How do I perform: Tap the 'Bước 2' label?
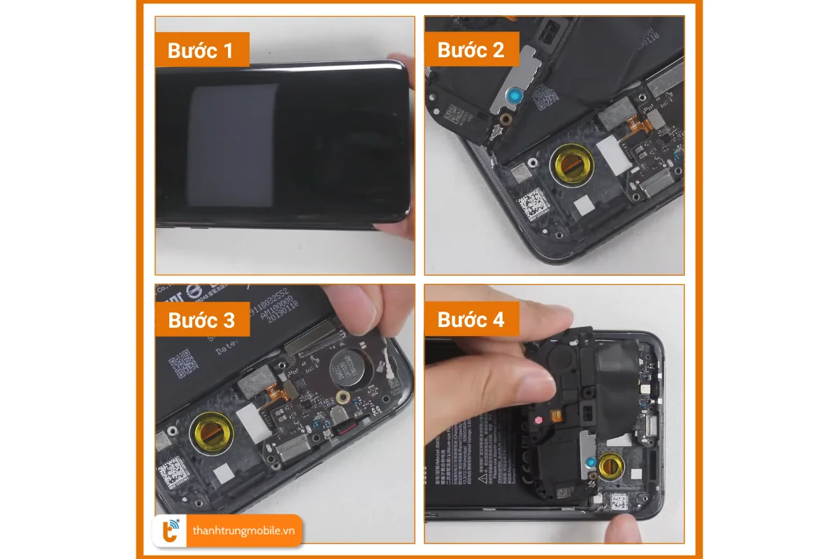[471, 50]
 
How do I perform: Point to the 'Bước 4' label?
[471, 319]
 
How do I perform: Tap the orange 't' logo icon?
[170, 530]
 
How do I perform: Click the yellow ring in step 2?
[568, 164]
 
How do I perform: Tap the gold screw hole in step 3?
[343, 397]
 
